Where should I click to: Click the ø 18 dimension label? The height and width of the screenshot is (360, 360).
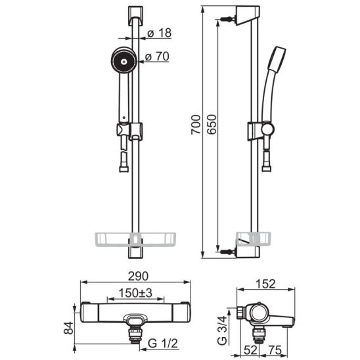tap(159, 33)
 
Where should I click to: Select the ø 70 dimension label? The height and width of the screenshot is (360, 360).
tap(157, 56)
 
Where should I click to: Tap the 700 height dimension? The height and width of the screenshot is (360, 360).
tap(196, 124)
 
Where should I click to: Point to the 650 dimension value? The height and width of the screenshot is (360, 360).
tap(212, 124)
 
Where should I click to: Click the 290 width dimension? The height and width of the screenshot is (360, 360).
tap(138, 276)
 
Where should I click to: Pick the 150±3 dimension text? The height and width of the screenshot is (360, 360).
tap(135, 293)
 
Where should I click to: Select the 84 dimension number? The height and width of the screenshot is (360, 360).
tap(68, 328)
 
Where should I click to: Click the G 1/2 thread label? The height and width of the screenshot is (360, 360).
tap(163, 344)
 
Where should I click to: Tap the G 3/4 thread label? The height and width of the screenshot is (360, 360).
tap(222, 330)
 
